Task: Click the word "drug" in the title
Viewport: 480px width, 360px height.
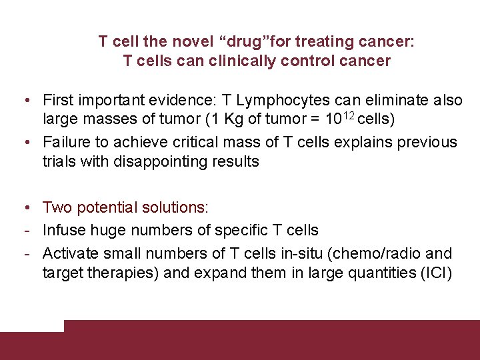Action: [x=243, y=42]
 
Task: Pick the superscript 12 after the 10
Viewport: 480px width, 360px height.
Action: [x=355, y=117]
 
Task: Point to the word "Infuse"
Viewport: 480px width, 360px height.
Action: [x=61, y=231]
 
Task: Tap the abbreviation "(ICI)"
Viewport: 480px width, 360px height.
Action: [x=437, y=273]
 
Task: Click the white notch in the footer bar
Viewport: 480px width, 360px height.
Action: [x=32, y=325]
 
